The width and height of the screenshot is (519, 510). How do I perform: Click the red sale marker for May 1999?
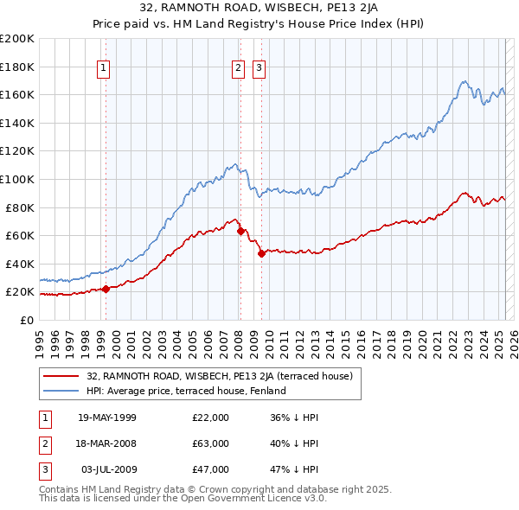[x=106, y=289]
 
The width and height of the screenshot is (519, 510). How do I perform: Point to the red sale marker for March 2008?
[x=240, y=231]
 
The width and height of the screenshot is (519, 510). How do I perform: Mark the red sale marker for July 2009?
[x=260, y=253]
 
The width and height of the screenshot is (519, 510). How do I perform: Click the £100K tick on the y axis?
[x=17, y=179]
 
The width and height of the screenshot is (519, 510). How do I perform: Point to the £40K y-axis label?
[x=20, y=264]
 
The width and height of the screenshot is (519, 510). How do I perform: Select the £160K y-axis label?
[x=17, y=94]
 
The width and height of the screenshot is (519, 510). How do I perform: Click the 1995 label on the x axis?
[x=39, y=338]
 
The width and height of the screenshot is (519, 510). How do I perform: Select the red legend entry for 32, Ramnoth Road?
[x=219, y=376]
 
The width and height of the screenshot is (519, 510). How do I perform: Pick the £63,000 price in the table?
[x=211, y=443]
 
